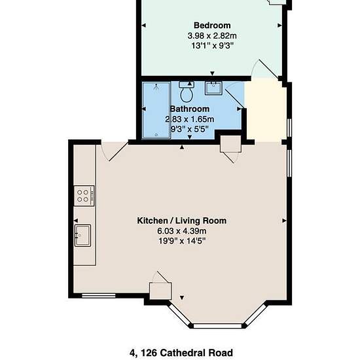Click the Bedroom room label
(x=212, y=26)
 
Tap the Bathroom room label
(x=190, y=109)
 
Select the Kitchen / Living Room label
(x=182, y=221)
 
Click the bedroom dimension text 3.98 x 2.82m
(x=212, y=36)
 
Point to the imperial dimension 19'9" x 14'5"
(x=182, y=241)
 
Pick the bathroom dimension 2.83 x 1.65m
(x=190, y=119)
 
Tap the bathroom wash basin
(x=213, y=88)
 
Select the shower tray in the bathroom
(x=156, y=111)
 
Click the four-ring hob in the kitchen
(x=84, y=196)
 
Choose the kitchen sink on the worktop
(x=82, y=236)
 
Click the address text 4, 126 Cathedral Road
(x=181, y=352)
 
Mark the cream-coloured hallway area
(x=265, y=111)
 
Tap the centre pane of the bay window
(x=217, y=326)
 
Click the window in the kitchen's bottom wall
(x=99, y=296)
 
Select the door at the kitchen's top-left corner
(x=115, y=152)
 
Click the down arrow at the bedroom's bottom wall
(x=212, y=73)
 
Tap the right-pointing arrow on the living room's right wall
(x=284, y=221)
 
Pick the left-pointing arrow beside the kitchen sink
(x=76, y=221)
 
